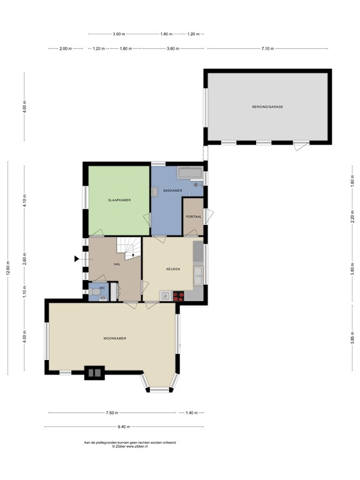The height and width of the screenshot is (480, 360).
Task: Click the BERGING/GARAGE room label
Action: (267, 107)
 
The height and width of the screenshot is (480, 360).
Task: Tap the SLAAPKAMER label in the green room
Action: (119, 200)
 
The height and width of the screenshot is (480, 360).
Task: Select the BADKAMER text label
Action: (172, 191)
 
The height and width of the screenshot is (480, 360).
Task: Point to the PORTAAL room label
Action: (194, 217)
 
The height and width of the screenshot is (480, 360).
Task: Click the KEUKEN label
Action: (173, 269)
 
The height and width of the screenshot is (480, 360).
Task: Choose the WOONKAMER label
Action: (115, 338)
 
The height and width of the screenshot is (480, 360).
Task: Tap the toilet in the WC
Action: (95, 292)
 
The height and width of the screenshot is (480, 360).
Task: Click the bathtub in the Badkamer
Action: (190, 173)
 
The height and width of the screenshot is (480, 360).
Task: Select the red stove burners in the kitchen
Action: (179, 296)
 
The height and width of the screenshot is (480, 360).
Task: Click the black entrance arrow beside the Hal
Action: (77, 259)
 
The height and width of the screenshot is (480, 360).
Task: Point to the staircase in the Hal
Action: (128, 248)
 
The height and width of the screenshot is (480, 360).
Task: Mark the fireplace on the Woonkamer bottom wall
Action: (94, 372)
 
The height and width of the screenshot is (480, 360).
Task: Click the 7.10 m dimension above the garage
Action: (267, 48)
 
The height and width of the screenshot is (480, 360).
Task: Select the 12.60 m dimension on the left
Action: (8, 267)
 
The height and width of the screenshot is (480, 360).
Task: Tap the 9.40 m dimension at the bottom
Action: (124, 426)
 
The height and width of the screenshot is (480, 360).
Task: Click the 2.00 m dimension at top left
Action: (66, 48)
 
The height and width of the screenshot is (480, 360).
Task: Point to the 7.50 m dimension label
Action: (112, 412)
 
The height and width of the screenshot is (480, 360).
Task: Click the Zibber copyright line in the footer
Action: (130, 446)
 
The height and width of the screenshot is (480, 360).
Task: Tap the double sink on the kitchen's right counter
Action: (198, 276)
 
